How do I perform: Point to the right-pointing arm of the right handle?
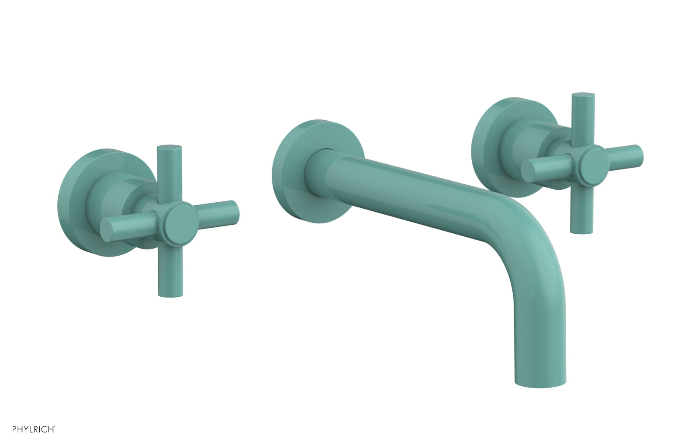pyautogui.click(x=625, y=153)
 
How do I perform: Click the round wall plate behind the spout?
pyautogui.click(x=293, y=172)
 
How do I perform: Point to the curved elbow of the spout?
pyautogui.click(x=530, y=224)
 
